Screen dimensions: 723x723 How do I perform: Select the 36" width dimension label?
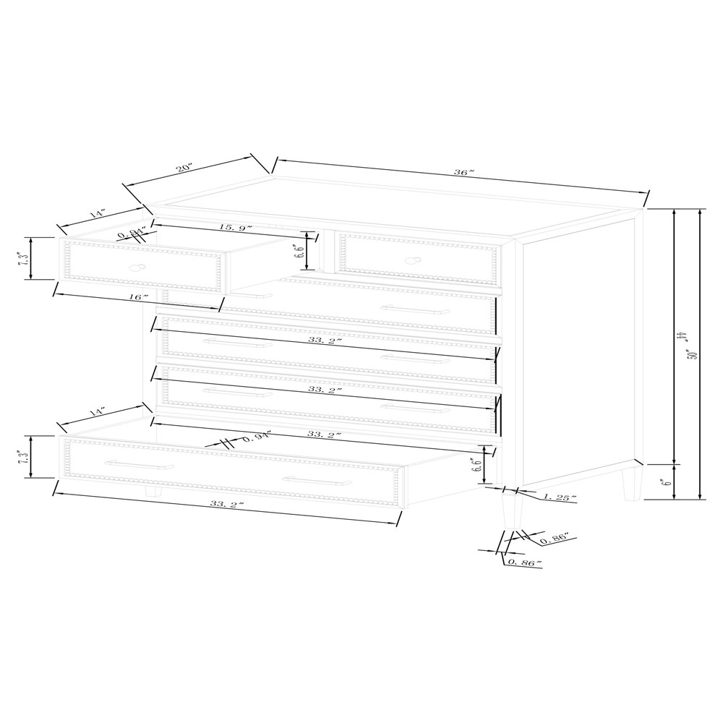462,173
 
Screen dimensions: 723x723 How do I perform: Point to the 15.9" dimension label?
236,228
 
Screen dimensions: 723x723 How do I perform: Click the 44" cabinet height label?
682,337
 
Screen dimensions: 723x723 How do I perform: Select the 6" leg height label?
668,478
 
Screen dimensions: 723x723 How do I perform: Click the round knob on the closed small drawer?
414,260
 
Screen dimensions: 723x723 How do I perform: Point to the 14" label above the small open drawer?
98,215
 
